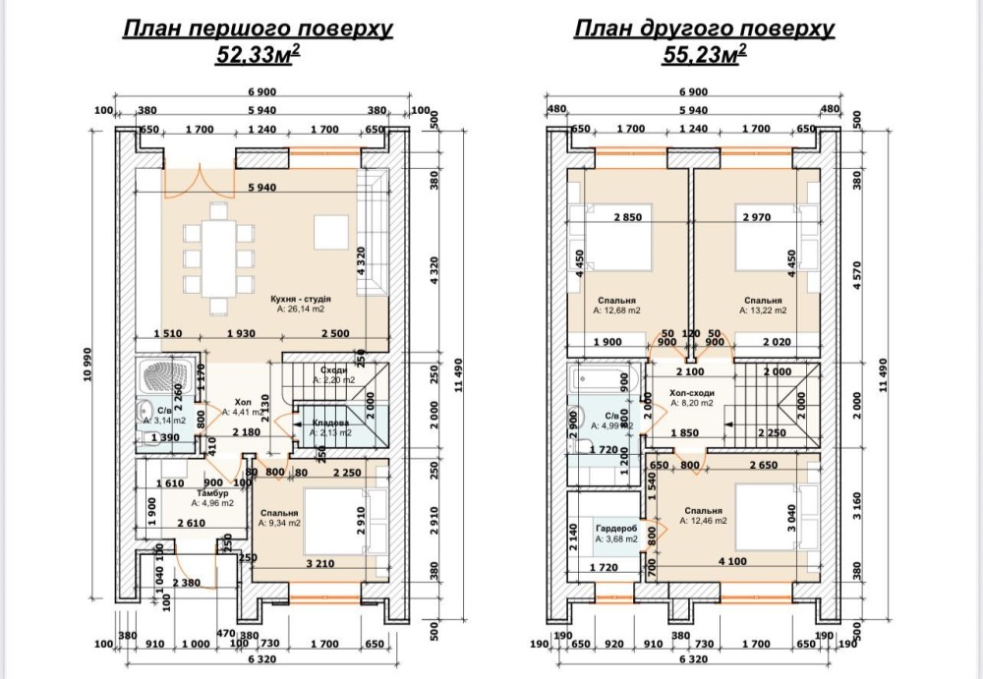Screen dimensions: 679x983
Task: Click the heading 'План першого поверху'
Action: click(258, 29)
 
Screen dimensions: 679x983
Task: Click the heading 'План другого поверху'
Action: click(705, 29)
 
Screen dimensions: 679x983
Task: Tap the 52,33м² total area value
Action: click(258, 55)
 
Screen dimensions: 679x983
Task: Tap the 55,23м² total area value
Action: click(705, 55)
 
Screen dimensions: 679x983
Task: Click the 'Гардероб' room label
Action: click(616, 528)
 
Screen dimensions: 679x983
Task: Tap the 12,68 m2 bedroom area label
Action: click(616, 311)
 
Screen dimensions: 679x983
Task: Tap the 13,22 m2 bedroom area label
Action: click(763, 311)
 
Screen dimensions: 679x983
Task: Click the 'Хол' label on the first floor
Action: click(243, 402)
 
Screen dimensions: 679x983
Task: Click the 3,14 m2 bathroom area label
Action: click(158, 420)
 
